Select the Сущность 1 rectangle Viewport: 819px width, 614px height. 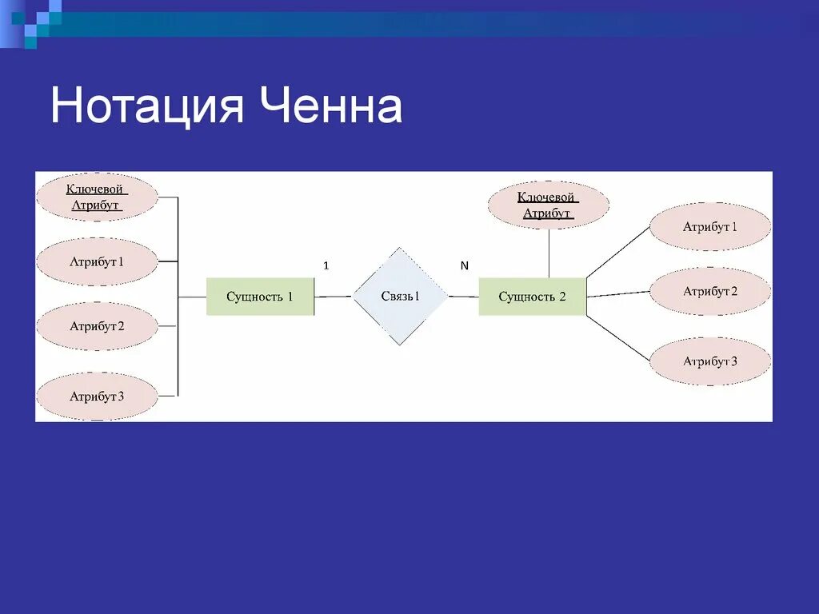(x=260, y=297)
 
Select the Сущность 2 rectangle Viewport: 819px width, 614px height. (x=532, y=297)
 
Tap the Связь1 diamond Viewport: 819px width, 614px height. (x=400, y=297)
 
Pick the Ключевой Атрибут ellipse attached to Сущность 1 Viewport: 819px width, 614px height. (x=96, y=197)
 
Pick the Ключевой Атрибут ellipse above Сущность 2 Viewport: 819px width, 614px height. (x=548, y=205)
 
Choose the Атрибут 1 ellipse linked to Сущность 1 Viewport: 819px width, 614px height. (x=97, y=261)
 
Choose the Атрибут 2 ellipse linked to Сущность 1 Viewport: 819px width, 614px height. (x=97, y=326)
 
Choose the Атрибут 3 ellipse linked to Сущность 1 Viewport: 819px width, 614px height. (x=97, y=396)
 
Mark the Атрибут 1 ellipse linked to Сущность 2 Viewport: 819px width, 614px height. (x=709, y=227)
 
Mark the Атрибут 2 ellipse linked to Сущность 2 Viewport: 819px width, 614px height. (x=709, y=292)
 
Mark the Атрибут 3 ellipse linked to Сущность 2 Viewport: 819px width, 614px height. (x=709, y=361)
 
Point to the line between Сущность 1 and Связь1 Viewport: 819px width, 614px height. (x=334, y=297)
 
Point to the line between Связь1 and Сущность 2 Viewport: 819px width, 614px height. (x=463, y=297)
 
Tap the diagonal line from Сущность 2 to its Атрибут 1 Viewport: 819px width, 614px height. (x=617, y=253)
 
